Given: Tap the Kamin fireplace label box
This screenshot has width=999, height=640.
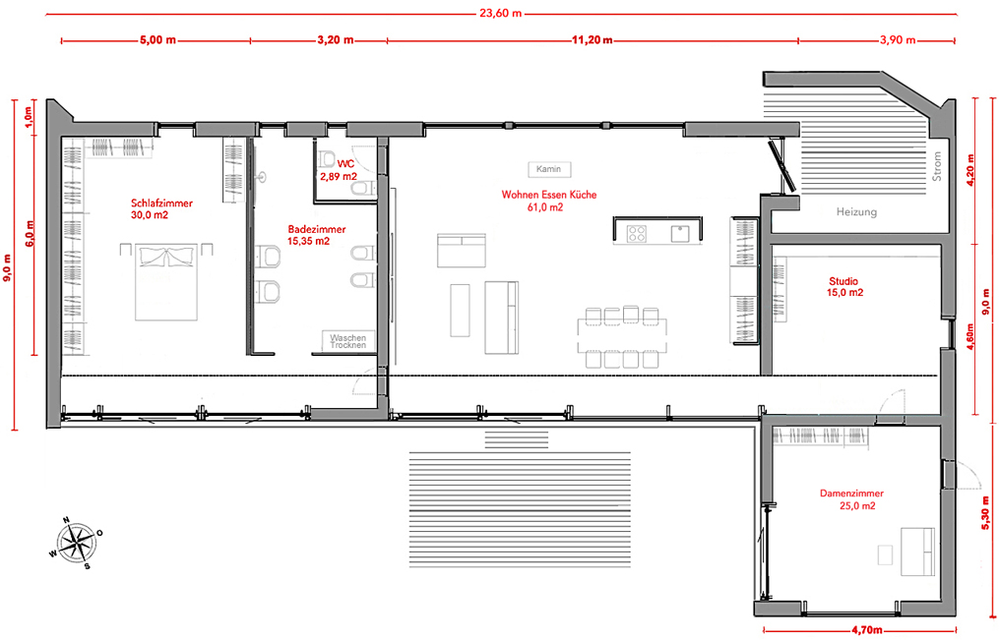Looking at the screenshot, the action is click(x=549, y=169).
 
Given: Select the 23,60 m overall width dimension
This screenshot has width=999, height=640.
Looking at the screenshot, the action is click(x=501, y=13).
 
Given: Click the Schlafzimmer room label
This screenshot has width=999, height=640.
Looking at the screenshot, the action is click(x=161, y=204).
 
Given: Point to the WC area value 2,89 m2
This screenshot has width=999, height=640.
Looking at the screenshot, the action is click(x=339, y=176).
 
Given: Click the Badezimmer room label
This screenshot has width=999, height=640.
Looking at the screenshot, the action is click(x=317, y=229).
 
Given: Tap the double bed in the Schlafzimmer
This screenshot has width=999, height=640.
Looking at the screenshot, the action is click(x=166, y=280).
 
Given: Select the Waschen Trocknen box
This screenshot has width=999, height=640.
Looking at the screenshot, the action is click(x=347, y=341).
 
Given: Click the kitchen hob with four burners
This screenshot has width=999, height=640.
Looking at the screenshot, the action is click(x=637, y=234).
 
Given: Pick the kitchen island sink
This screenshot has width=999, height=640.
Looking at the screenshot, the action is click(x=680, y=233).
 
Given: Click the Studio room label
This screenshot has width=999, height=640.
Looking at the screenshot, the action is click(x=843, y=281).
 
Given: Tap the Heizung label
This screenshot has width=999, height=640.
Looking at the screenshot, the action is click(x=856, y=211).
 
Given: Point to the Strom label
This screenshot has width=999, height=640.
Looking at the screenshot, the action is click(x=937, y=166).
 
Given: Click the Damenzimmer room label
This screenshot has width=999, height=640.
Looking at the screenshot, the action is click(x=851, y=494).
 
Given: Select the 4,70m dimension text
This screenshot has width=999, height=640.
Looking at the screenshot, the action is click(x=866, y=630).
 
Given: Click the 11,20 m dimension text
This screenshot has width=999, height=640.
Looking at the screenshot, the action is click(x=592, y=40).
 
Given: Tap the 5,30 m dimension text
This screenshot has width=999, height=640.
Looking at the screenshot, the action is click(x=986, y=512).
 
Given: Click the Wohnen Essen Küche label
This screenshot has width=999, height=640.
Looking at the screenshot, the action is click(x=549, y=195).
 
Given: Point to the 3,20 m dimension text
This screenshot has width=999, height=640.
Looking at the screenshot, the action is click(x=335, y=40).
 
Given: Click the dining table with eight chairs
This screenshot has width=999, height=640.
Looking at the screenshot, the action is click(x=622, y=337).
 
